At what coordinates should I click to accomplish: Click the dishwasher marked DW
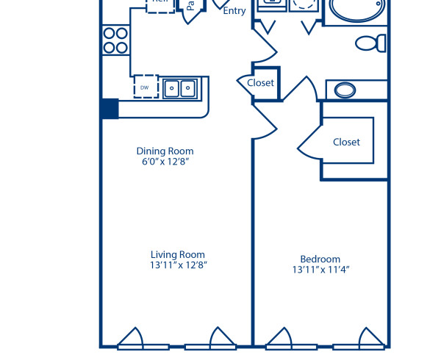coord(146,86)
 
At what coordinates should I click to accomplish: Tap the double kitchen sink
coord(180,88)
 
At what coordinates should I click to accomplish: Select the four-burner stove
coord(115,40)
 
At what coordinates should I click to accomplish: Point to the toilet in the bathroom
coord(371,43)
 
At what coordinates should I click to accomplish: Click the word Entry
coord(234,11)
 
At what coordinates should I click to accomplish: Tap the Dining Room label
coord(169,151)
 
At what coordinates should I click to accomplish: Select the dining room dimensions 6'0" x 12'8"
coord(169,162)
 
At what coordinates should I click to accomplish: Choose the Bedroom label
coord(320,259)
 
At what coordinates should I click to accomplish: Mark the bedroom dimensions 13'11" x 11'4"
coord(320,270)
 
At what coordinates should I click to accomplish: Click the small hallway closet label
coord(260,83)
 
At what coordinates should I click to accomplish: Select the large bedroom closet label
coord(346,142)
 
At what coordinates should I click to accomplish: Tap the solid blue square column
coord(110,108)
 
